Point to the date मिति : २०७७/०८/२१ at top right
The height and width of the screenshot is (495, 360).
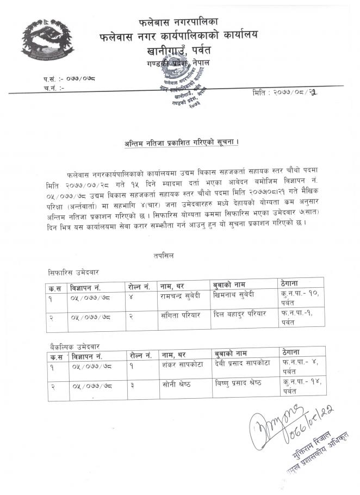coord(285,92)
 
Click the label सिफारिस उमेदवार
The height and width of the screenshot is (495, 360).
coord(73,271)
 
